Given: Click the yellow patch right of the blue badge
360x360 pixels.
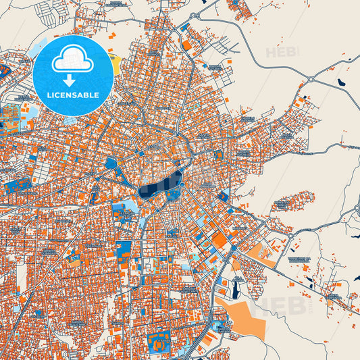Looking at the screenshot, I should pos(116,65).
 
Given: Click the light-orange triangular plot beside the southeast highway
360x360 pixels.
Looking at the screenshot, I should pos(261,255).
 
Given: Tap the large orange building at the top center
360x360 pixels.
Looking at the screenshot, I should pos(186,45).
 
